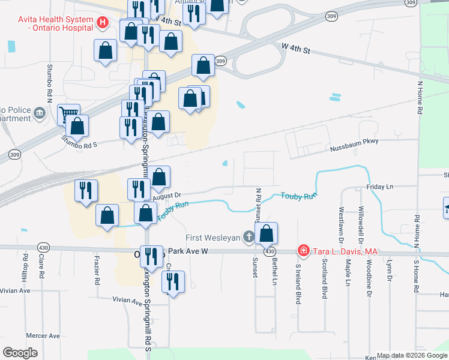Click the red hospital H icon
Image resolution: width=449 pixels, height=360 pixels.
tap(103, 23)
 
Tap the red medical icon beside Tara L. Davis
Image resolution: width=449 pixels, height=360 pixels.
tap(304, 251)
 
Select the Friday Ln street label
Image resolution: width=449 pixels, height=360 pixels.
tap(380, 187)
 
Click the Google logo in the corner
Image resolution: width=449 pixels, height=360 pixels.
tap(20, 353)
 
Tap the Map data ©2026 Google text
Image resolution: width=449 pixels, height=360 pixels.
tap(411, 355)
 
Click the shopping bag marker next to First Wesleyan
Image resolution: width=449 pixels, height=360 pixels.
tap(266, 233)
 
